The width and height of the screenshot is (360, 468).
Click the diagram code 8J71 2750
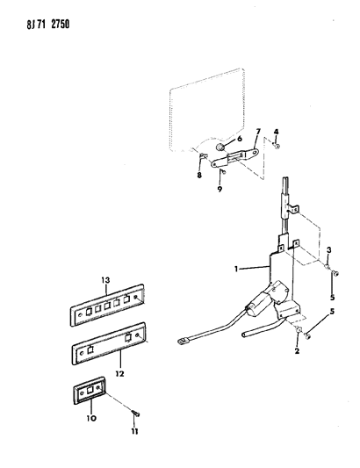click(48, 25)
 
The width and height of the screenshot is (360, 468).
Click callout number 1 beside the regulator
click(236, 270)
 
